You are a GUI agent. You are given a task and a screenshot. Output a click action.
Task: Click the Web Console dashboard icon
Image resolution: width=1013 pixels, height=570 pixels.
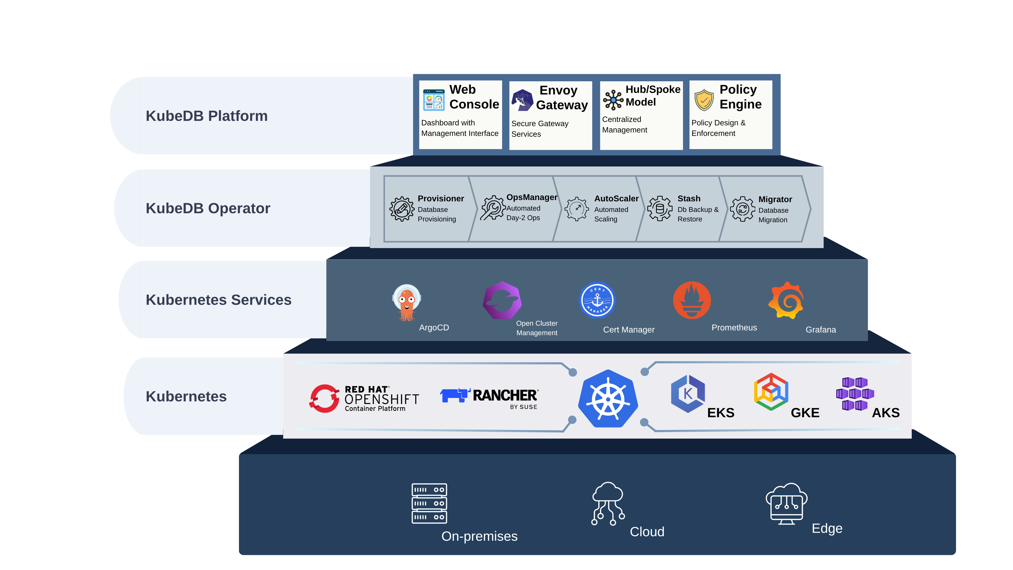(434, 100)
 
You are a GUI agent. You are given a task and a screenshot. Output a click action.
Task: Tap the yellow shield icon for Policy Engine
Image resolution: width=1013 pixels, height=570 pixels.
(704, 100)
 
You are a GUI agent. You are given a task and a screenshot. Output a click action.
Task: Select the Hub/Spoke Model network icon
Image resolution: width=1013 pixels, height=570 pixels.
(613, 100)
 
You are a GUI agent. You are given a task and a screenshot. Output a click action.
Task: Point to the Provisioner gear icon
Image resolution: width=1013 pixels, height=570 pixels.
(402, 209)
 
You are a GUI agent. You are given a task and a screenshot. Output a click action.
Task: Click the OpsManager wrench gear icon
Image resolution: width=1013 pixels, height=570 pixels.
(492, 208)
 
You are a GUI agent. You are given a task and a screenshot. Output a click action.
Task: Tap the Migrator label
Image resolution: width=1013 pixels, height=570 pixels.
(775, 199)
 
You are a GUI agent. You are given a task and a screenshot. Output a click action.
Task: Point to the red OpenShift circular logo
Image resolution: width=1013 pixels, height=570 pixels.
(324, 398)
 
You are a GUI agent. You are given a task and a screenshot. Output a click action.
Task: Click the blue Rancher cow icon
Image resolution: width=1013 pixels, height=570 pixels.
(455, 395)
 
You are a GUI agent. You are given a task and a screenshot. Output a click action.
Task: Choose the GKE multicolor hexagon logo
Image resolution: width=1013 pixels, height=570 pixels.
(771, 392)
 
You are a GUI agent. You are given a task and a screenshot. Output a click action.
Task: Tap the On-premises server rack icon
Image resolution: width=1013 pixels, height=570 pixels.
(429, 503)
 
